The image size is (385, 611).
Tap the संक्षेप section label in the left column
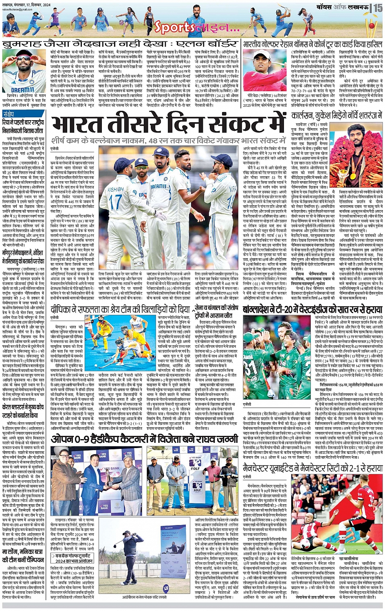tap(8, 114)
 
